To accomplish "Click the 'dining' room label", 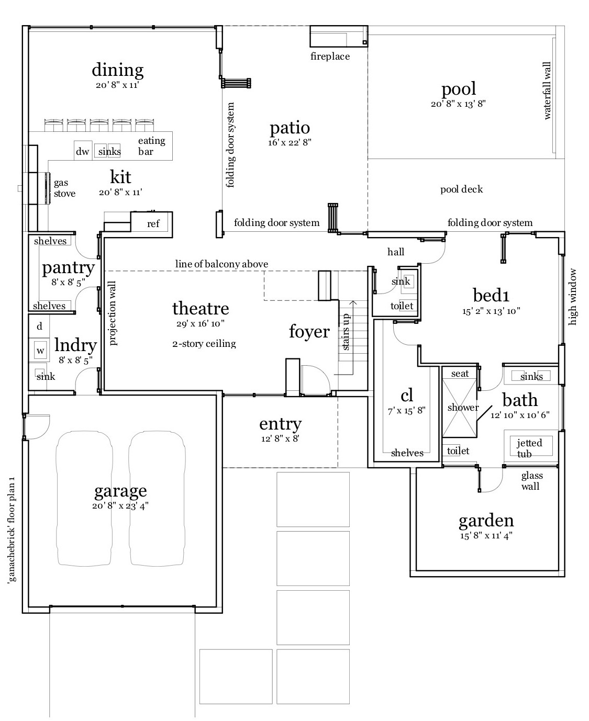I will coord(117,70).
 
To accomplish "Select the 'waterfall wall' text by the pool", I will coord(547,91).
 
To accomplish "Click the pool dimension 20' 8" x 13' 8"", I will coord(458,104).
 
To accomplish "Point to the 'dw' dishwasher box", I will coord(83,151).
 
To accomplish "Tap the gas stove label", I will coord(64,188).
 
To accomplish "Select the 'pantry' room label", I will coord(68,268).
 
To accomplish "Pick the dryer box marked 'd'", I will coord(39,326).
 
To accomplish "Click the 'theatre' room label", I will coord(201,308).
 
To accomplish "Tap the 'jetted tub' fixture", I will coord(529,447).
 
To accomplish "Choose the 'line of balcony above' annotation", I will coord(221,264).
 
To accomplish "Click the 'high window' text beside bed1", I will coord(573,297).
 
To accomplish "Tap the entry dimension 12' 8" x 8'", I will coord(280,438).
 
